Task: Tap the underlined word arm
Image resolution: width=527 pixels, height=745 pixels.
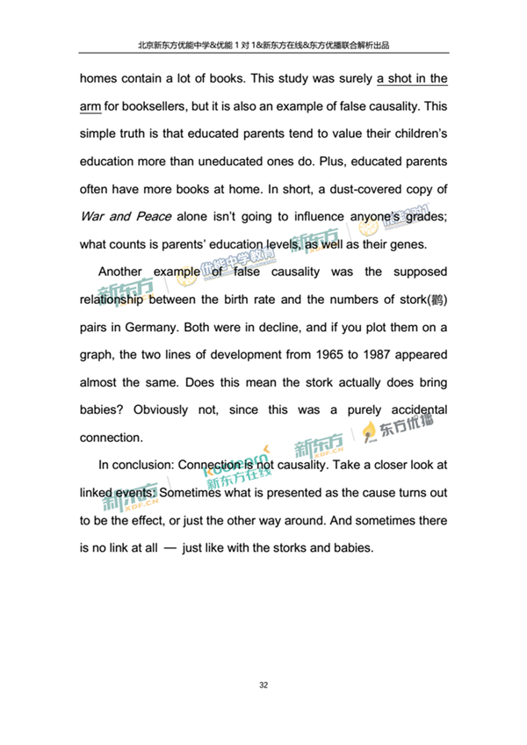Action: tap(90, 106)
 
